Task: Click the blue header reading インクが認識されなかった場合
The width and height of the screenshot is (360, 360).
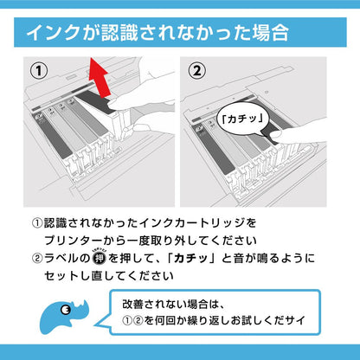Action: click(180, 32)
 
